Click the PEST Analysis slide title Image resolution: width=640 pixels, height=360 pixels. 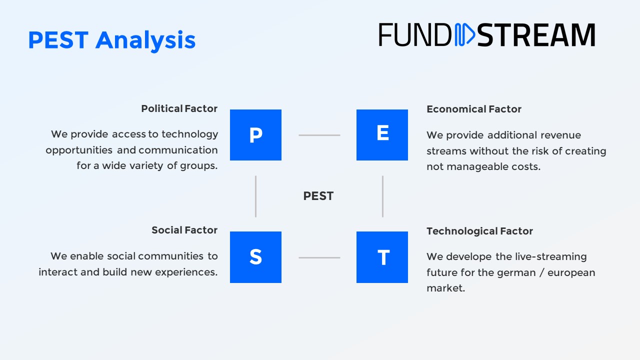tap(112, 41)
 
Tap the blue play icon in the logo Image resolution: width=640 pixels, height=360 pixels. tap(465, 34)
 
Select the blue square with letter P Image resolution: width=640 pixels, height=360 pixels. tap(255, 135)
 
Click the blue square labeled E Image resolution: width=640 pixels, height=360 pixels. tap(382, 135)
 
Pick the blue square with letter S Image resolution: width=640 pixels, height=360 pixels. tap(255, 257)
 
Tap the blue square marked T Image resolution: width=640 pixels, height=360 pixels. tap(382, 257)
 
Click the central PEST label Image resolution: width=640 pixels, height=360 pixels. tap(318, 196)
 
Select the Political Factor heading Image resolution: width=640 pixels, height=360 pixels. tap(179, 108)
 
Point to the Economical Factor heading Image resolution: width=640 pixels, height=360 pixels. tap(474, 109)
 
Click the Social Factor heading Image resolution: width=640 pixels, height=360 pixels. tap(184, 230)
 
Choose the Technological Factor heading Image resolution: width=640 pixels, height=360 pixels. tap(479, 231)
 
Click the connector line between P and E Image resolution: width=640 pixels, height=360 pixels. tap(319, 135)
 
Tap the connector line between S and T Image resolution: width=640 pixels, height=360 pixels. tap(319, 257)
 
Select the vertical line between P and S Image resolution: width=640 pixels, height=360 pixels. tap(255, 196)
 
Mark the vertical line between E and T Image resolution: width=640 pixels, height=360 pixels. tap(383, 196)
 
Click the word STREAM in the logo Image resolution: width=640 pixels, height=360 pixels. tap(536, 35)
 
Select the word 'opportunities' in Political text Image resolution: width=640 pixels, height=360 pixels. tap(79, 150)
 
